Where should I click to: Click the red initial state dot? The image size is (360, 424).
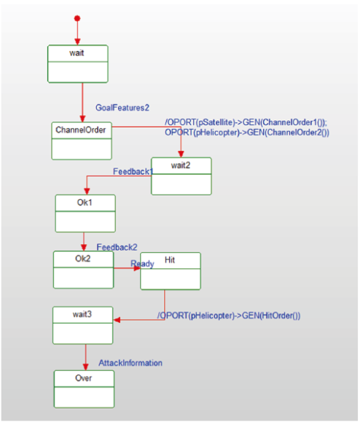(77, 18)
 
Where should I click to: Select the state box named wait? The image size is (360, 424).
(78, 64)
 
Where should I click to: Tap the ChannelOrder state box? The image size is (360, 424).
(82, 141)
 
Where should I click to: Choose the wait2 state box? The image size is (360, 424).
(181, 176)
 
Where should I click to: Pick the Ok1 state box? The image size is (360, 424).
(85, 213)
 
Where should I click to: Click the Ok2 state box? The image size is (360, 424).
(84, 270)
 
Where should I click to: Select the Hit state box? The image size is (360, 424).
(171, 271)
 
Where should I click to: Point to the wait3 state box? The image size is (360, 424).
(83, 326)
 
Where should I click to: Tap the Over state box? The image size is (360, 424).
(84, 389)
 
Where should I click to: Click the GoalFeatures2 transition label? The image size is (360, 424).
(122, 108)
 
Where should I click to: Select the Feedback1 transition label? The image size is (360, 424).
(133, 171)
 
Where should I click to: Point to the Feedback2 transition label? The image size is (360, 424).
(117, 247)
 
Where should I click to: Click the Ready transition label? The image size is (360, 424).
(142, 264)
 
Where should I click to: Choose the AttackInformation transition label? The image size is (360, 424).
(130, 363)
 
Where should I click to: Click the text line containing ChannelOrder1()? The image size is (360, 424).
(246, 122)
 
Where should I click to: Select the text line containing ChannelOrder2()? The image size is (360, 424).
(247, 133)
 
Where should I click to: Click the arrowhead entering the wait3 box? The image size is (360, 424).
(117, 320)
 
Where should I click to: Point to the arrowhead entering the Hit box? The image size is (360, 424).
(137, 268)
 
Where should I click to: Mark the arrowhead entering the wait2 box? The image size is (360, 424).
(181, 154)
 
